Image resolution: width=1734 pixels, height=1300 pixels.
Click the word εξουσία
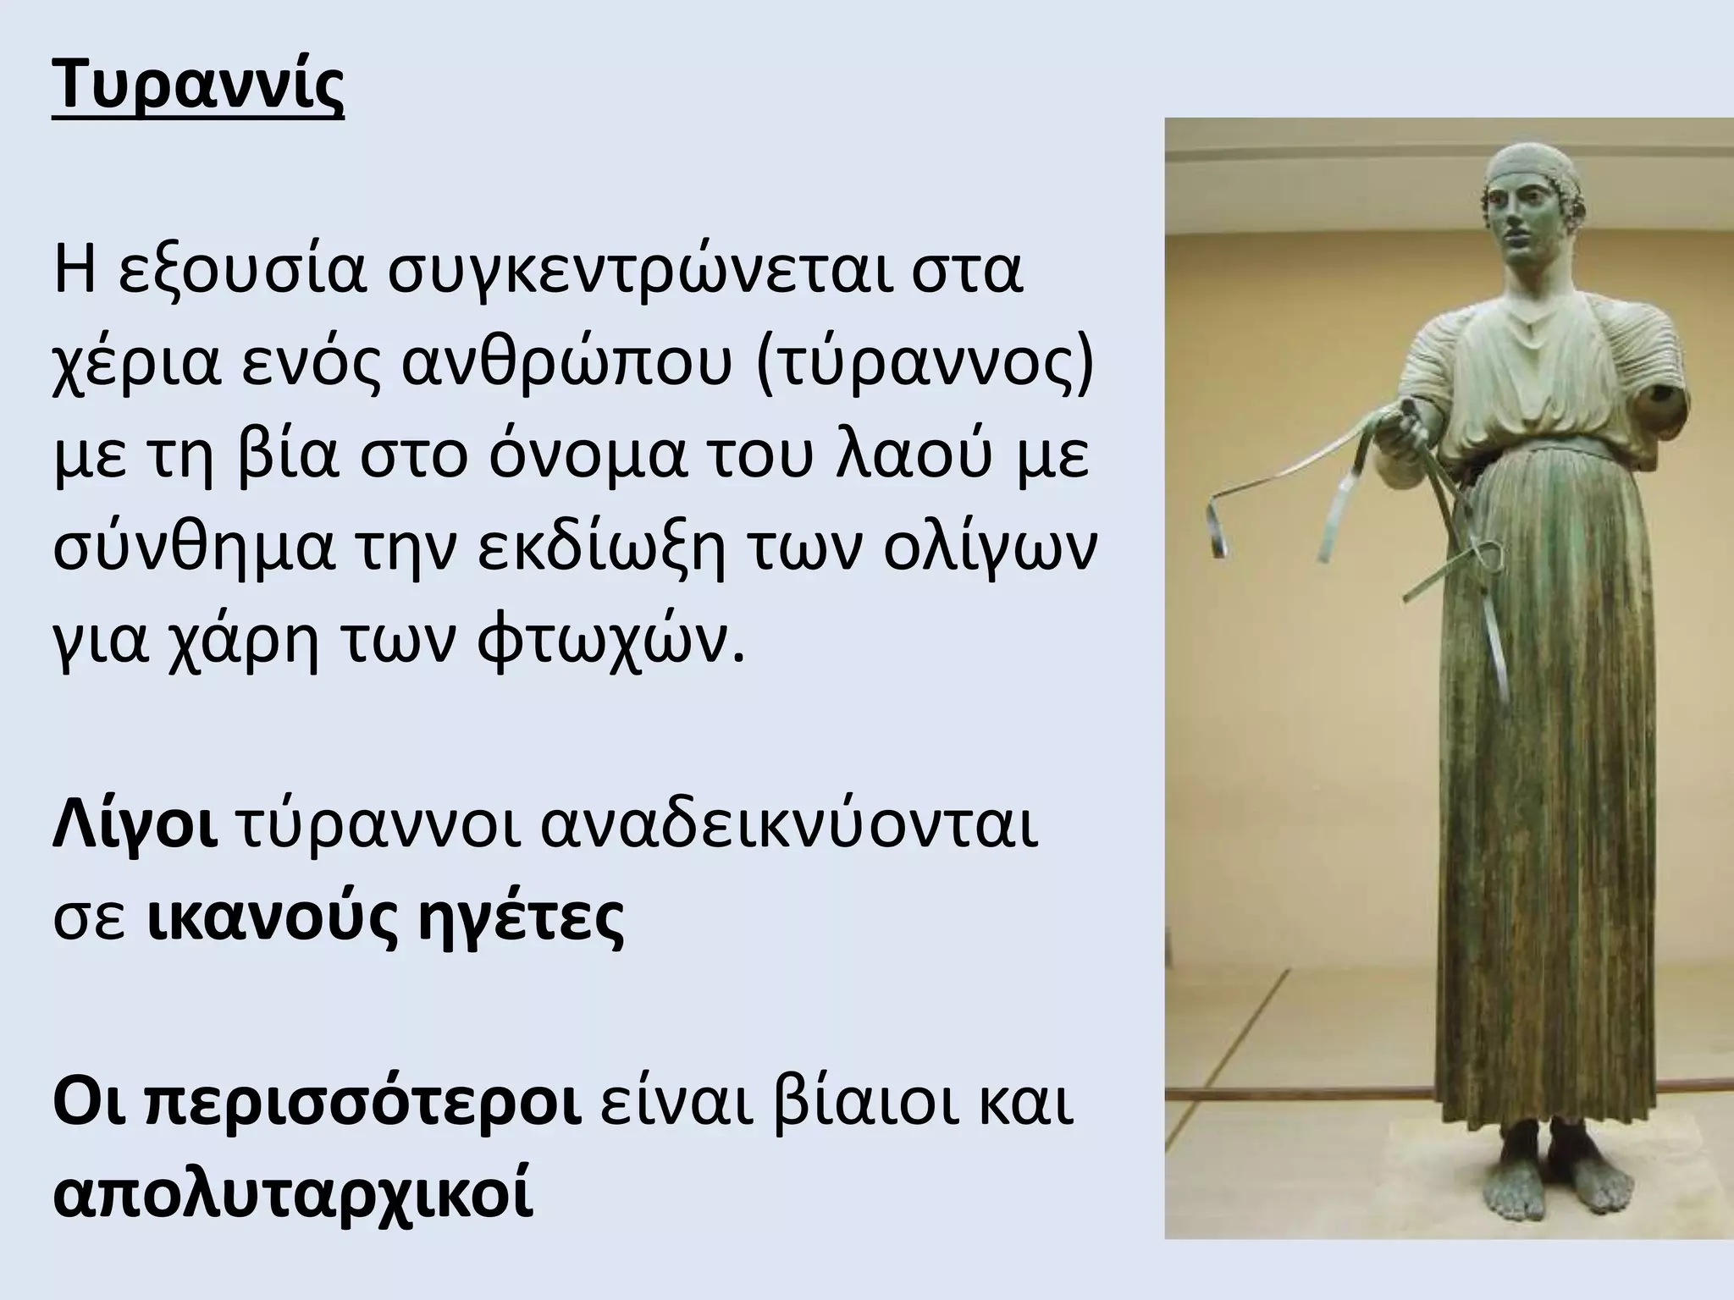[x=240, y=274]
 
